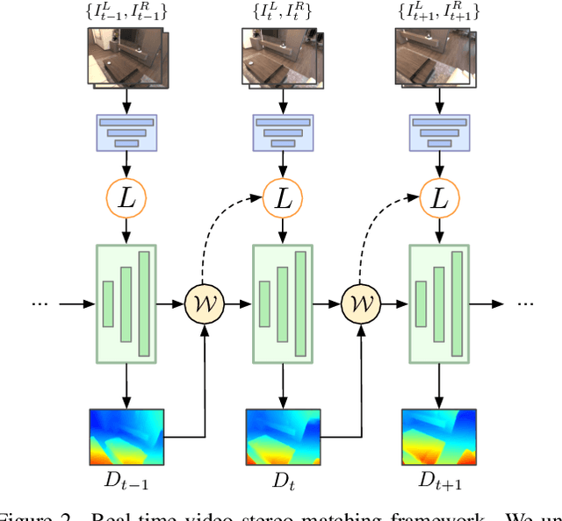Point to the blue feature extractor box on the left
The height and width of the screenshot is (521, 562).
point(128,132)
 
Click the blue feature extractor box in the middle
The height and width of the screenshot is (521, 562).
point(282,132)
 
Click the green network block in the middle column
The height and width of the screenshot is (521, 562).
point(282,304)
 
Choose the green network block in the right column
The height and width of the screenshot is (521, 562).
point(438,304)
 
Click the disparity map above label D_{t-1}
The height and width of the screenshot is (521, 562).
point(126,436)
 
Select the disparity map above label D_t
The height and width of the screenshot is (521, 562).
point(282,436)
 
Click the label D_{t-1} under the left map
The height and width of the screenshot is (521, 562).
point(127,482)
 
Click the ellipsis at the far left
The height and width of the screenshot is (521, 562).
point(40,304)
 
